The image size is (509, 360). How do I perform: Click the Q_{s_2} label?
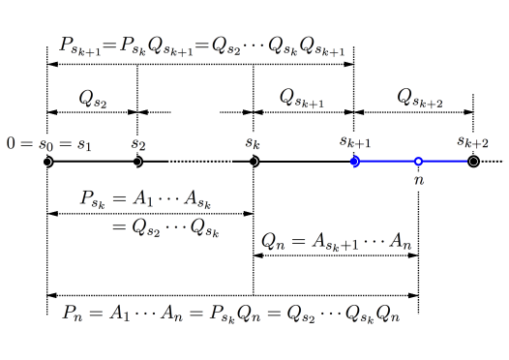pos(93,99)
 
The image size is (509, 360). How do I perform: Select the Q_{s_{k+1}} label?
pos(302,99)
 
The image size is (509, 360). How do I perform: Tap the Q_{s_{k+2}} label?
pos(420,98)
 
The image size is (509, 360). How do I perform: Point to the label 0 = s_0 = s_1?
pos(49,144)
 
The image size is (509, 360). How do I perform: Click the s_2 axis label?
pos(138,144)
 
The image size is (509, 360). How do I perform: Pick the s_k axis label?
pos(253,144)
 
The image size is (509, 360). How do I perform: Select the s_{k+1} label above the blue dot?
pos(355,141)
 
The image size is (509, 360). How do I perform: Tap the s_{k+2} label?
pos(473,141)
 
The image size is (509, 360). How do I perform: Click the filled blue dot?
pos(355,162)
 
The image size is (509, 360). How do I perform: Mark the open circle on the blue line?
pos(418,162)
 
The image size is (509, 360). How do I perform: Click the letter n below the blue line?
pos(419,180)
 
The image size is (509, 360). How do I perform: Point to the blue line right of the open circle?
pos(445,162)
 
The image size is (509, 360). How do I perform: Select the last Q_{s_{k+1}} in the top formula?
pos(322,46)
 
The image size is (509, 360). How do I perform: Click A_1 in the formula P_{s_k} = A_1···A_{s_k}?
pos(144,199)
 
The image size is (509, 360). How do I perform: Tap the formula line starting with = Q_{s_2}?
pos(165,228)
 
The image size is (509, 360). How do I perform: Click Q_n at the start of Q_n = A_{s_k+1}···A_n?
pos(271,242)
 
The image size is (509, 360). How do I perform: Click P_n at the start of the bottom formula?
pos(74,314)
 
